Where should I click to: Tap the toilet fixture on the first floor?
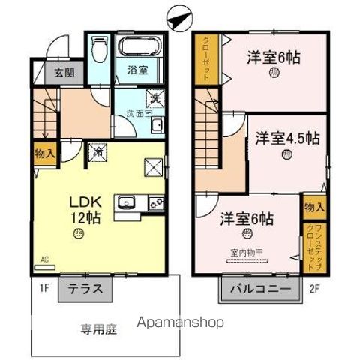pyautogui.click(x=97, y=52)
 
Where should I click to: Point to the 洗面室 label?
pyautogui.click(x=137, y=114)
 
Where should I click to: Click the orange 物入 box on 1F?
pyautogui.click(x=44, y=153)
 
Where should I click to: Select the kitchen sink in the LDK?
pyautogui.click(x=125, y=202)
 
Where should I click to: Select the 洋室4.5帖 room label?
pyautogui.click(x=287, y=139)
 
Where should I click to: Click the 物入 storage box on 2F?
pyautogui.click(x=313, y=205)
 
